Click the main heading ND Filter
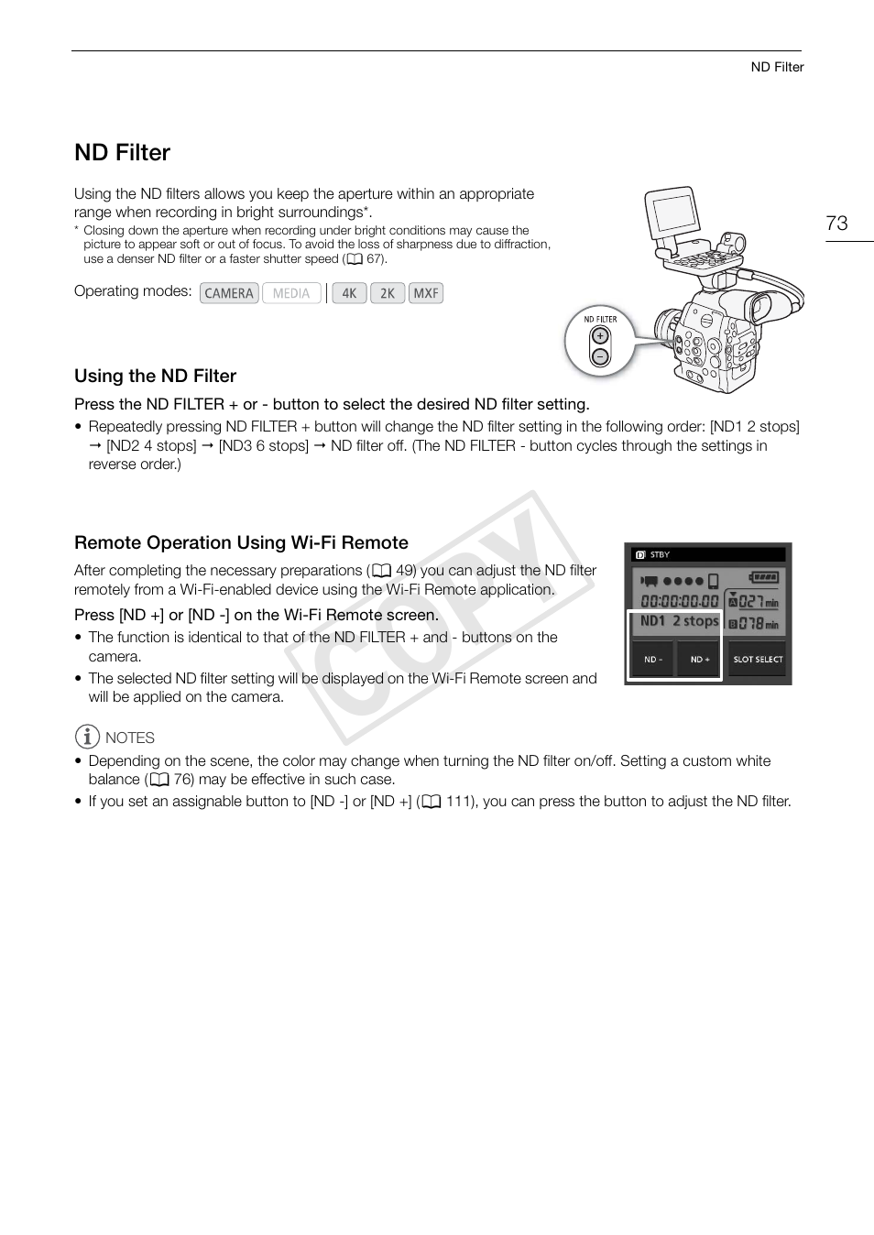pyautogui.click(x=122, y=153)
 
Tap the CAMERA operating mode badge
pyautogui.click(x=229, y=293)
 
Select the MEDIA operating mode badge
pyautogui.click(x=291, y=293)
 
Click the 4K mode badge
pyautogui.click(x=349, y=293)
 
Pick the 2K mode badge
pyautogui.click(x=388, y=293)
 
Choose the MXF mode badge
pyautogui.click(x=426, y=293)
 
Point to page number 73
pyautogui.click(x=836, y=224)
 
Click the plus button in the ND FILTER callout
pyautogui.click(x=600, y=336)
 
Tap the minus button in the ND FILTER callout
pyautogui.click(x=600, y=356)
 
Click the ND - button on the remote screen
pyautogui.click(x=653, y=659)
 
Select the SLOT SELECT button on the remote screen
pyautogui.click(x=758, y=659)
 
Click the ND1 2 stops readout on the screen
pyautogui.click(x=678, y=621)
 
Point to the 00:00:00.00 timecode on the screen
pyautogui.click(x=680, y=601)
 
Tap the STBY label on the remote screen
pyautogui.click(x=660, y=554)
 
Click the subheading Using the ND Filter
pyautogui.click(x=155, y=377)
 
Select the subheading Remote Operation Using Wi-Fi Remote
pyautogui.click(x=241, y=543)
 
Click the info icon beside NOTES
pyautogui.click(x=86, y=737)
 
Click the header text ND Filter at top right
pyautogui.click(x=777, y=67)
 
